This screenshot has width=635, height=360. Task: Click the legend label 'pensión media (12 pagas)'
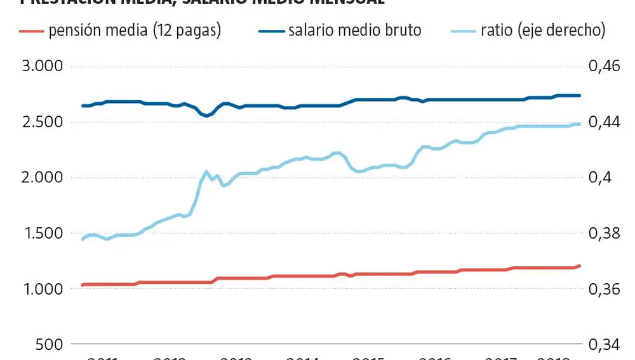[x=134, y=30]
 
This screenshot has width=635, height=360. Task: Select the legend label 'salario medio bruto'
[x=354, y=30]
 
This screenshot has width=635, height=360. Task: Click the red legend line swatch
[x=31, y=30]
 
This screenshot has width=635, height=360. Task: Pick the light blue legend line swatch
[x=462, y=30]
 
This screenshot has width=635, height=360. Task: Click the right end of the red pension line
[x=580, y=265]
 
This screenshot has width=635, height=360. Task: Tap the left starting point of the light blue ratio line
[x=83, y=239]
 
